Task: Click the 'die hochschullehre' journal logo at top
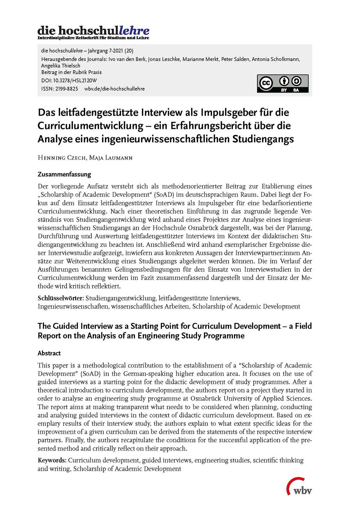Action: click(93, 32)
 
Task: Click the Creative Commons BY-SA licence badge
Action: click(283, 84)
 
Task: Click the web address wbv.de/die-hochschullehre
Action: click(114, 89)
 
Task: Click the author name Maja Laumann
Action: click(111, 158)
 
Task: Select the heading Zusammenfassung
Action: click(64, 174)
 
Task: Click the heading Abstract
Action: click(49, 353)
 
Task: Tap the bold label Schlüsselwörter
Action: click(60, 298)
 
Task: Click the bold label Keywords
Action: click(52, 460)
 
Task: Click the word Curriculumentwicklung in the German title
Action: click(90, 126)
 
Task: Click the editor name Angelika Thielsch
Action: click(61, 66)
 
